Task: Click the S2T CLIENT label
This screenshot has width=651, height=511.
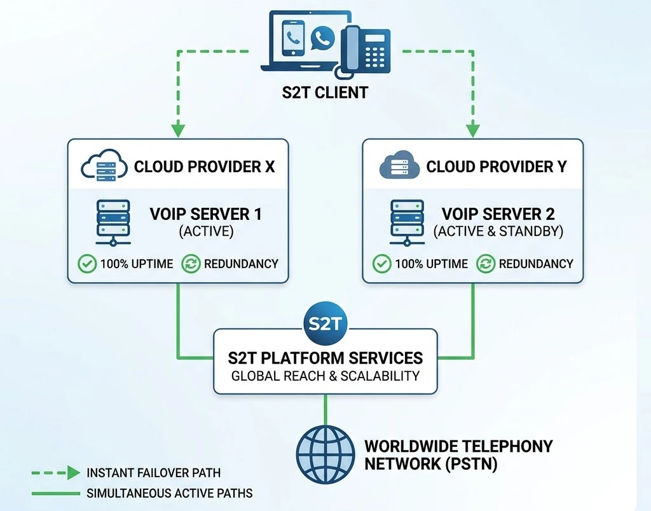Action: [x=325, y=92]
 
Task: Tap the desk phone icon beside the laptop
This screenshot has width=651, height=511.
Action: [x=366, y=49]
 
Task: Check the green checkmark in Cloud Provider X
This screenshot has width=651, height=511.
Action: [x=87, y=263]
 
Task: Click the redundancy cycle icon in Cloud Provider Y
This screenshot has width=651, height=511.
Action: [x=486, y=263]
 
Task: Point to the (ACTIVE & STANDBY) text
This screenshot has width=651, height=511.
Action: [x=498, y=231]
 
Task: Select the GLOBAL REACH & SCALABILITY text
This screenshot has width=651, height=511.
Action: [x=325, y=376]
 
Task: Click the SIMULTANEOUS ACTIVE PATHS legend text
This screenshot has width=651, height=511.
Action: [x=170, y=493]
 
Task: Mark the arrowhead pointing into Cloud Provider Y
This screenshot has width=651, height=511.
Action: [x=472, y=130]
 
